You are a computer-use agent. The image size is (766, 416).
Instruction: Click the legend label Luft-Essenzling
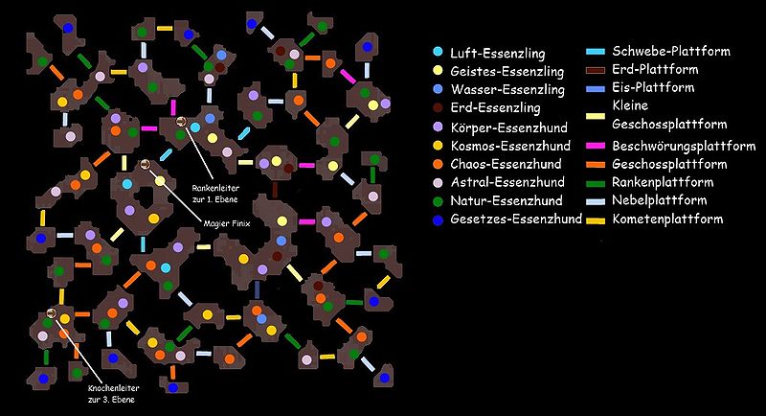click(x=497, y=53)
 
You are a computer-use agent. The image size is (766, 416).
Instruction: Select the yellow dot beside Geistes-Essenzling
click(x=439, y=71)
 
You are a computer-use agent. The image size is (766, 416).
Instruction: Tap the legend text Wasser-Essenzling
click(x=507, y=89)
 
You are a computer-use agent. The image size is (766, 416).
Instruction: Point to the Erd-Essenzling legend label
click(x=495, y=107)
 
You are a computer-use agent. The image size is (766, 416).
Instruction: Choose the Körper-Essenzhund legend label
click(x=509, y=127)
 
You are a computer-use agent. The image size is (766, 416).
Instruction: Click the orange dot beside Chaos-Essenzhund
click(x=439, y=164)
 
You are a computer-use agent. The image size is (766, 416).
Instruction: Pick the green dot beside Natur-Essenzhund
click(x=439, y=201)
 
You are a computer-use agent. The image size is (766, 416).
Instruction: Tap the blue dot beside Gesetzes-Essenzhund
click(x=439, y=220)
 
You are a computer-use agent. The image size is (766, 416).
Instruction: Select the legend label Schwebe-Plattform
click(x=671, y=51)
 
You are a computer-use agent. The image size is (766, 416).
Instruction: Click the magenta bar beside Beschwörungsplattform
click(x=596, y=146)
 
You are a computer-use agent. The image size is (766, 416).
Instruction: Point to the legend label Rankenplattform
click(x=663, y=182)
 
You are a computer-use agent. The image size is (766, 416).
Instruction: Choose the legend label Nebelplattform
click(x=660, y=200)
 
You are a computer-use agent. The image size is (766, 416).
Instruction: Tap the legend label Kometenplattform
click(x=667, y=219)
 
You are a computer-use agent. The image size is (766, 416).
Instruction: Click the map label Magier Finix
click(x=227, y=223)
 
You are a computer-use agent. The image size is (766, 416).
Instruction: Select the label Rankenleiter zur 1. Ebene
click(x=215, y=194)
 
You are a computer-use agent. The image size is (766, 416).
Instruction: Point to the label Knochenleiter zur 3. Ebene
click(x=114, y=394)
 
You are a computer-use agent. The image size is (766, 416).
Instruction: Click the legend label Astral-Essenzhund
click(x=507, y=182)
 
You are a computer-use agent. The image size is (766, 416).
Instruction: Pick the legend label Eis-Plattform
click(x=653, y=87)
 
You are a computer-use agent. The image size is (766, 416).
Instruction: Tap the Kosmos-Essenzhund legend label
click(x=510, y=146)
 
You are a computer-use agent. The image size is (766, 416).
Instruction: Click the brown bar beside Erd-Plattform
click(x=596, y=70)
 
